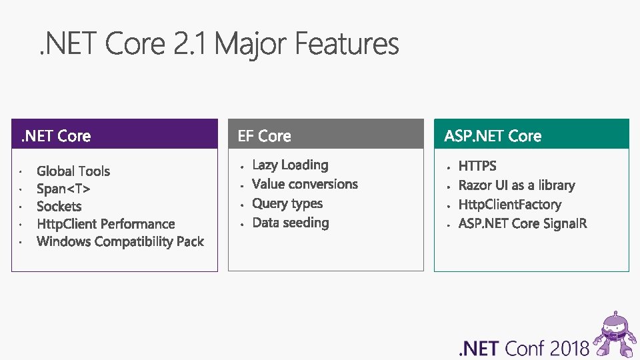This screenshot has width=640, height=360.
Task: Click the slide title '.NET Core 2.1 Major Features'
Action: pyautogui.click(x=219, y=45)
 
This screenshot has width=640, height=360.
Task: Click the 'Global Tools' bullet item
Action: pyautogui.click(x=73, y=171)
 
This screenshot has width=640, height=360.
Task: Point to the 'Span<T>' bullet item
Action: pyautogui.click(x=63, y=189)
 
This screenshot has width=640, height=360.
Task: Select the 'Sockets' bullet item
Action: pyautogui.click(x=59, y=207)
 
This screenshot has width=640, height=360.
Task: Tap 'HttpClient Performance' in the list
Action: pyautogui.click(x=105, y=224)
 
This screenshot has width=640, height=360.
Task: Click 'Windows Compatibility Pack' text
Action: pyautogui.click(x=120, y=241)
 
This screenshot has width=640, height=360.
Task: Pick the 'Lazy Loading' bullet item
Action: pyautogui.click(x=290, y=165)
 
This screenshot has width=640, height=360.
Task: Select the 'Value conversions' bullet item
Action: pyautogui.click(x=305, y=184)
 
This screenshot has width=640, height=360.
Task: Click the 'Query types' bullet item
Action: pyautogui.click(x=287, y=203)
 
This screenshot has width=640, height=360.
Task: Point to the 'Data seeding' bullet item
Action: pyautogui.click(x=291, y=223)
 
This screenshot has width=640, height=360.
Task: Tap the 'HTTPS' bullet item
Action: pyautogui.click(x=477, y=166)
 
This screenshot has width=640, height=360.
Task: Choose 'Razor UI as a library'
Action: pyautogui.click(x=517, y=185)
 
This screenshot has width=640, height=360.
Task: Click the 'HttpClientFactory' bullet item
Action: pyautogui.click(x=510, y=205)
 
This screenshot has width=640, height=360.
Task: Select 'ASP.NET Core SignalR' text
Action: pyautogui.click(x=523, y=223)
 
